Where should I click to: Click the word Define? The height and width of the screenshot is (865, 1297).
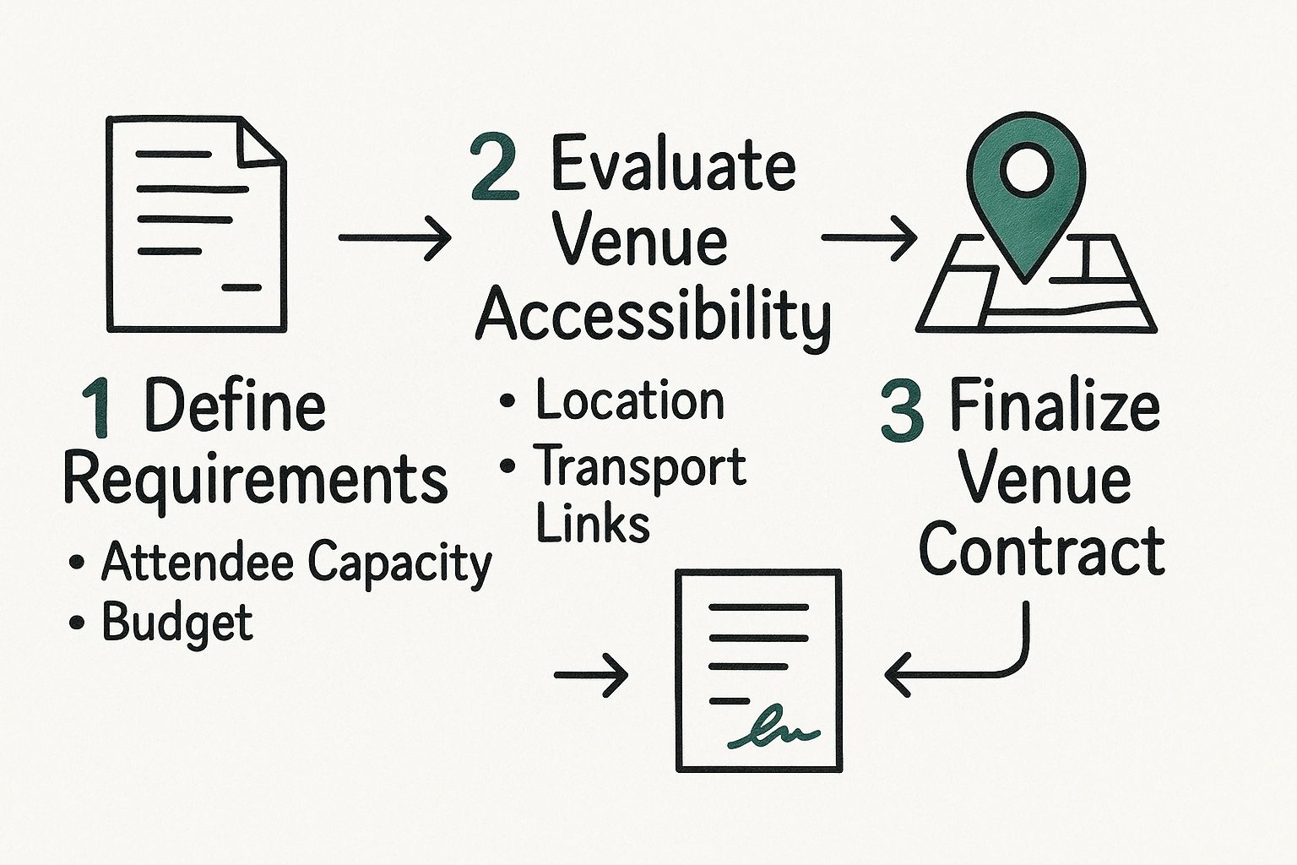[x=236, y=407]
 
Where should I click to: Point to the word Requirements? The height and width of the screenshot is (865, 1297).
[x=255, y=480]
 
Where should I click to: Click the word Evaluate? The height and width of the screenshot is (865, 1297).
[x=673, y=165]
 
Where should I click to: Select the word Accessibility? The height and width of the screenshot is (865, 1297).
[x=653, y=314]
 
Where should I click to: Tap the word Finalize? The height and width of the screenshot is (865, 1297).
[x=1055, y=407]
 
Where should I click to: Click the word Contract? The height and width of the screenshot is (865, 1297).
[x=1041, y=551]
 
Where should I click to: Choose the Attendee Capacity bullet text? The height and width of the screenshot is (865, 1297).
[x=296, y=563]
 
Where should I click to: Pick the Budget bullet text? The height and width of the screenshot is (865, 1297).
[x=177, y=623]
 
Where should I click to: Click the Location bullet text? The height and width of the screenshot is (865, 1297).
[x=630, y=400]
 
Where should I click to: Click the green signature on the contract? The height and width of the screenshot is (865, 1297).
[x=773, y=731]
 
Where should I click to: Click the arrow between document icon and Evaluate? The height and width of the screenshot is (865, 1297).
[x=394, y=238]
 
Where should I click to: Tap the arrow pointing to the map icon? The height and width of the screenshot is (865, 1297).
[x=869, y=238]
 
